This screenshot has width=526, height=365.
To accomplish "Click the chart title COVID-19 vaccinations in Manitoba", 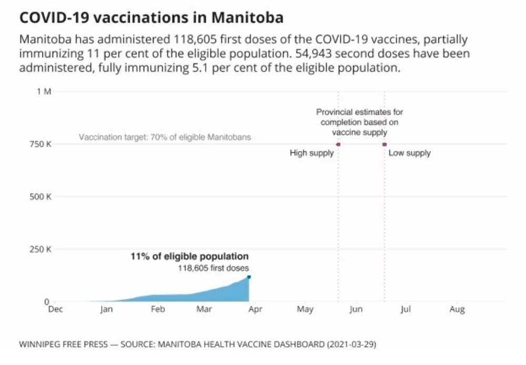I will pos(151,17).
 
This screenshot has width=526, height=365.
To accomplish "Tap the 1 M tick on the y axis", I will pos(44,92).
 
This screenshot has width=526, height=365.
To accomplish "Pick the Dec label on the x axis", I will pos(55,310).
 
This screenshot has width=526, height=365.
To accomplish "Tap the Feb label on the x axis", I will pos(158,310).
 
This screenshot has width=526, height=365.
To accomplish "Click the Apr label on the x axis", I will pos(255,310).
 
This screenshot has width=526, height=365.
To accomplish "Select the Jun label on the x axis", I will pos(356,310).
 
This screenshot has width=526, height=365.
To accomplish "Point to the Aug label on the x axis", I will pos(457,310).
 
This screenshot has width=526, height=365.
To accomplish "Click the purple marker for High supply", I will pos(338,144).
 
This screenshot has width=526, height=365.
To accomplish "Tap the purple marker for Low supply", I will pos(385,144).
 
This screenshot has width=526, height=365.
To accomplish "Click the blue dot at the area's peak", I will pos(249,277).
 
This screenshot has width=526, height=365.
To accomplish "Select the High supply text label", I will pos(312,153).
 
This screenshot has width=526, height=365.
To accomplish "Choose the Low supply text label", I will pos(409,153).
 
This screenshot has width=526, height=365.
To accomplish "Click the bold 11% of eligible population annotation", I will pos(189,257).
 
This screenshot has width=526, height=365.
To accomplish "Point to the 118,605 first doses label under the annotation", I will pos(214,268).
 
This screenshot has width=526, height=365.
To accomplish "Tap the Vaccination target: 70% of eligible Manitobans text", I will pos(165,137).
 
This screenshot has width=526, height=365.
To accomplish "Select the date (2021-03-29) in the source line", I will pos(351,345).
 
